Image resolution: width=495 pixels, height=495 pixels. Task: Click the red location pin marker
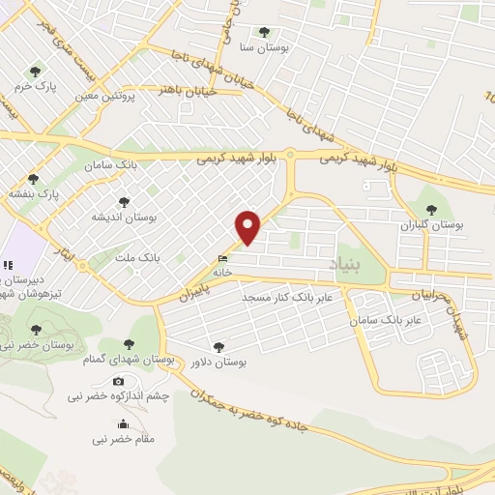pos(248,227)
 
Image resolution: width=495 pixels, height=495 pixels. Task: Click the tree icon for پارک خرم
pos(36,72)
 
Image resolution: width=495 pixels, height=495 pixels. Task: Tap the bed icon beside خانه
pos(224,259)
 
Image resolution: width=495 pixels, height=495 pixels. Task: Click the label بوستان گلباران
pos(431,224)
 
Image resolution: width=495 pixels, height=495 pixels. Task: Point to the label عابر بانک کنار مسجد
pos(287,297)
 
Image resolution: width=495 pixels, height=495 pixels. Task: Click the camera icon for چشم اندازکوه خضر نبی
pos(118,382)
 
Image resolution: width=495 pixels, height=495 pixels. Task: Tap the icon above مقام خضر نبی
pos(123,424)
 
